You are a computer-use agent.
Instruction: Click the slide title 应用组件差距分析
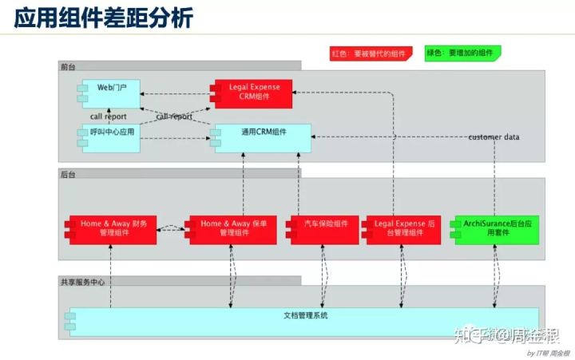point(104,18)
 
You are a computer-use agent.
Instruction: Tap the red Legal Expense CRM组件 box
point(252,91)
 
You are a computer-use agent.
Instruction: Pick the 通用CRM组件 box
point(260,136)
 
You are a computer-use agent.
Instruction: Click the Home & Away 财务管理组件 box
point(112,229)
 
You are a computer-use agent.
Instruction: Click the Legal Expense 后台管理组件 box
point(402,229)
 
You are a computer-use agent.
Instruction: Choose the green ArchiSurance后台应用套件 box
point(494,229)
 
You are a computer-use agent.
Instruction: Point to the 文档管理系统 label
point(301,316)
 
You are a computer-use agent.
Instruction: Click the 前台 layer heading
point(68,65)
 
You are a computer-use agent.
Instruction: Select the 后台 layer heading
point(68,173)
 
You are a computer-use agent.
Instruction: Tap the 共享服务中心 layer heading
point(81,282)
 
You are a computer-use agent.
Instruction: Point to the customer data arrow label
point(494,137)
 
